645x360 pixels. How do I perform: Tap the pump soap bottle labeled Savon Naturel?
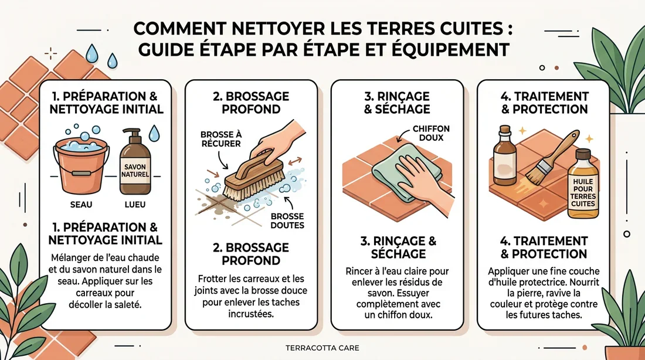[135, 167]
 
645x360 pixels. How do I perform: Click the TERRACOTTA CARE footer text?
[322, 348]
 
